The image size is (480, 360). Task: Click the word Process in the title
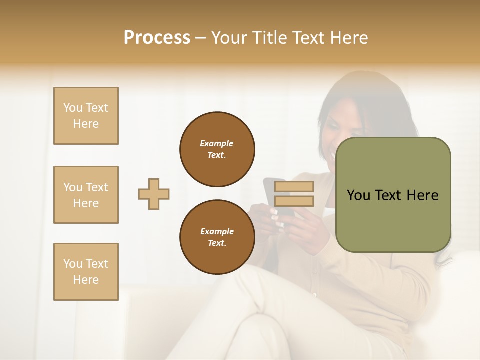(157, 38)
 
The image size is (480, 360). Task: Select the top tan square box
(86, 116)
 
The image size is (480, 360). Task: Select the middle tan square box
(86, 195)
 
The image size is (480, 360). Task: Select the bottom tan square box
(86, 272)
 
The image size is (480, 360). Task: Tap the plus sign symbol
(154, 194)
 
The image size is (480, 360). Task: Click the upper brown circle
(217, 149)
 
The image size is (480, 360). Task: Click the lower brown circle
(217, 237)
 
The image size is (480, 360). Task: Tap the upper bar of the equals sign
(294, 186)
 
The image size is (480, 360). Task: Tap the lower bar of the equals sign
(294, 201)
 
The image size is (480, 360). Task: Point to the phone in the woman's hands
(280, 200)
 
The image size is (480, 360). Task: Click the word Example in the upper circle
(217, 143)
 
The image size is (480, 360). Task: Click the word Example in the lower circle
(217, 231)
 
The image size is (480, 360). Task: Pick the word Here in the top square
(86, 124)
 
